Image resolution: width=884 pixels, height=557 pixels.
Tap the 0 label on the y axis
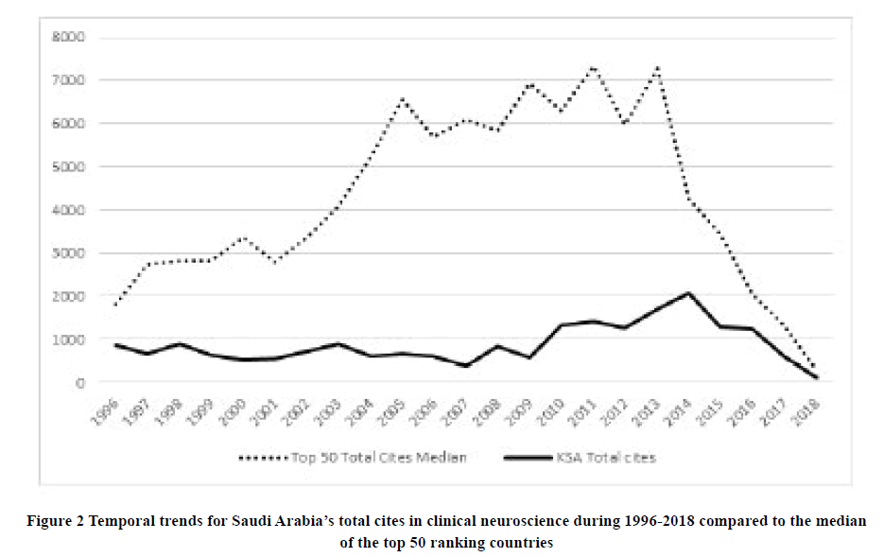[81, 382]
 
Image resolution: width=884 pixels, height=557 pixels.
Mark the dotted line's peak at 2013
[656, 67]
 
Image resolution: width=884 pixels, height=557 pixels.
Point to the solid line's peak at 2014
[689, 293]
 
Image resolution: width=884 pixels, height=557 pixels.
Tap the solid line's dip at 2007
[465, 366]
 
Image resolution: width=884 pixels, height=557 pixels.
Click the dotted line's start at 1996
[114, 305]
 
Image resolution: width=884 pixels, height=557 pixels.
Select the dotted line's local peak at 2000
[242, 237]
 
